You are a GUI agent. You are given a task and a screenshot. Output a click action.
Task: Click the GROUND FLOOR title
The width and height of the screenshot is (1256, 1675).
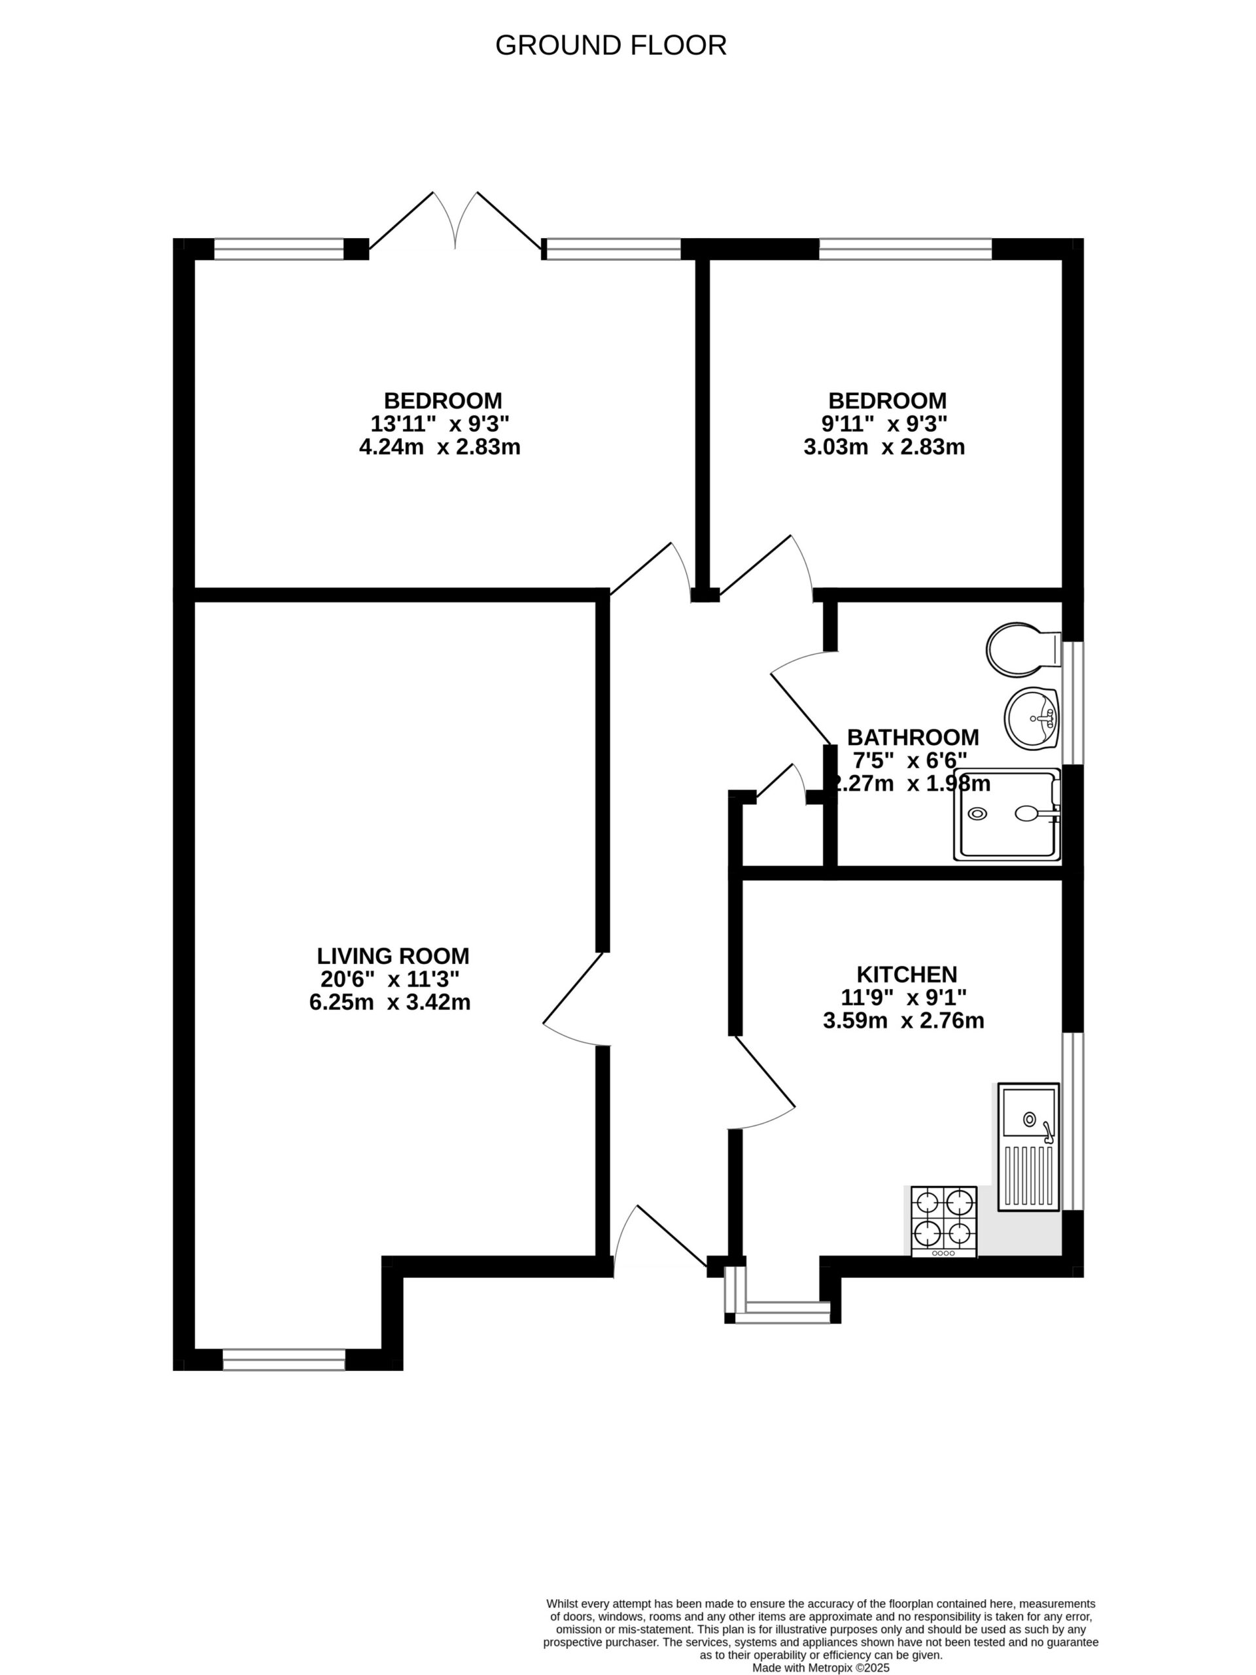point(610,45)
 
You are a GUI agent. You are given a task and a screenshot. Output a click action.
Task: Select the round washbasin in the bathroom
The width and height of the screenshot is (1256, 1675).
point(1032,718)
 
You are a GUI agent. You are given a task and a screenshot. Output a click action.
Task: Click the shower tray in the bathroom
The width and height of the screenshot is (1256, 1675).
point(1007,815)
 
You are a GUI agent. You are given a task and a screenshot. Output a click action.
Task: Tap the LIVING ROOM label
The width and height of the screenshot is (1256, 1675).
point(392,955)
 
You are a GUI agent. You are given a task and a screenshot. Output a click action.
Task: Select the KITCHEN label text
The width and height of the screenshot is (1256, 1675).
point(906,974)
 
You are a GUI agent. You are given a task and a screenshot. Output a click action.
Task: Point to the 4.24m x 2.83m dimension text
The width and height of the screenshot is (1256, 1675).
point(440,447)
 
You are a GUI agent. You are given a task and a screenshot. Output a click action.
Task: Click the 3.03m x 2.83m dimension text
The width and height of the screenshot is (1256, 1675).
point(884,447)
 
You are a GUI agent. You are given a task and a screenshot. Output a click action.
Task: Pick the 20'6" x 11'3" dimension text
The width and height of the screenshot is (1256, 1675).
point(389,979)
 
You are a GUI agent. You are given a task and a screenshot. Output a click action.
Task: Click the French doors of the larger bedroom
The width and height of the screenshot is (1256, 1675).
point(455,224)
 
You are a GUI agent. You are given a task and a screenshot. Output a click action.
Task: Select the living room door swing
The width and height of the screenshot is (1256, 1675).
point(576,999)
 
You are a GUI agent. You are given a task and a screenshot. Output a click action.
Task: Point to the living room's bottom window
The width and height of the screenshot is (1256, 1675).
point(283,1360)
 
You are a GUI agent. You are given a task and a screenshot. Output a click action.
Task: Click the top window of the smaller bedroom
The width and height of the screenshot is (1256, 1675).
point(905,249)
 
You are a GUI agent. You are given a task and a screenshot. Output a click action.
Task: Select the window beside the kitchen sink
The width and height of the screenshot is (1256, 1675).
point(1071,1122)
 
